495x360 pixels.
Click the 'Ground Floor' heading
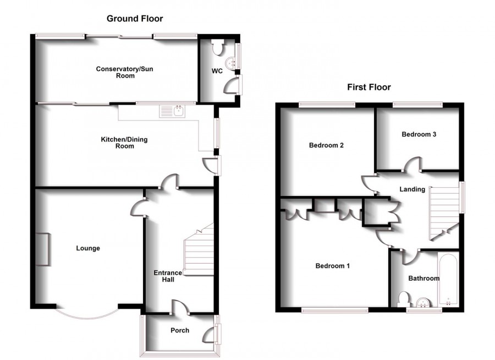(135, 19)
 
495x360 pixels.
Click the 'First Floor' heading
(369, 87)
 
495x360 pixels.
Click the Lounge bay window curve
(86, 314)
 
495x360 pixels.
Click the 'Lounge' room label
(88, 248)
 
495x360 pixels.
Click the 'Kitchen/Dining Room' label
(124, 143)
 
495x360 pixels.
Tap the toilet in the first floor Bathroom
(403, 300)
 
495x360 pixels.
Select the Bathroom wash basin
(424, 303)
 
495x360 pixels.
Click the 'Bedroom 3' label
(419, 134)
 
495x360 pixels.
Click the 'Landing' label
(412, 189)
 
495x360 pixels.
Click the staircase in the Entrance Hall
(198, 250)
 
